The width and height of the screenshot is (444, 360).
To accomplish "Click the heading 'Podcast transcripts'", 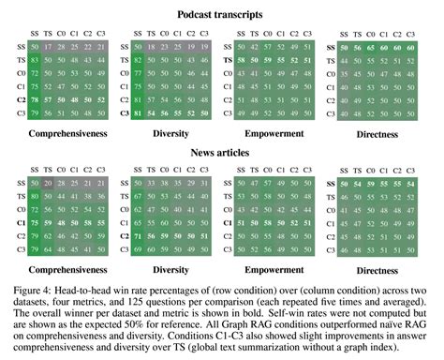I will (221, 15).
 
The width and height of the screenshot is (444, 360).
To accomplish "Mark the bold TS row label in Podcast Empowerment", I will (228, 59).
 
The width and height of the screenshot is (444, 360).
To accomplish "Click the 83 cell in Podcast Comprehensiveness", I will (35, 59).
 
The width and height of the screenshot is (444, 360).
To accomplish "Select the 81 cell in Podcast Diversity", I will (141, 112).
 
